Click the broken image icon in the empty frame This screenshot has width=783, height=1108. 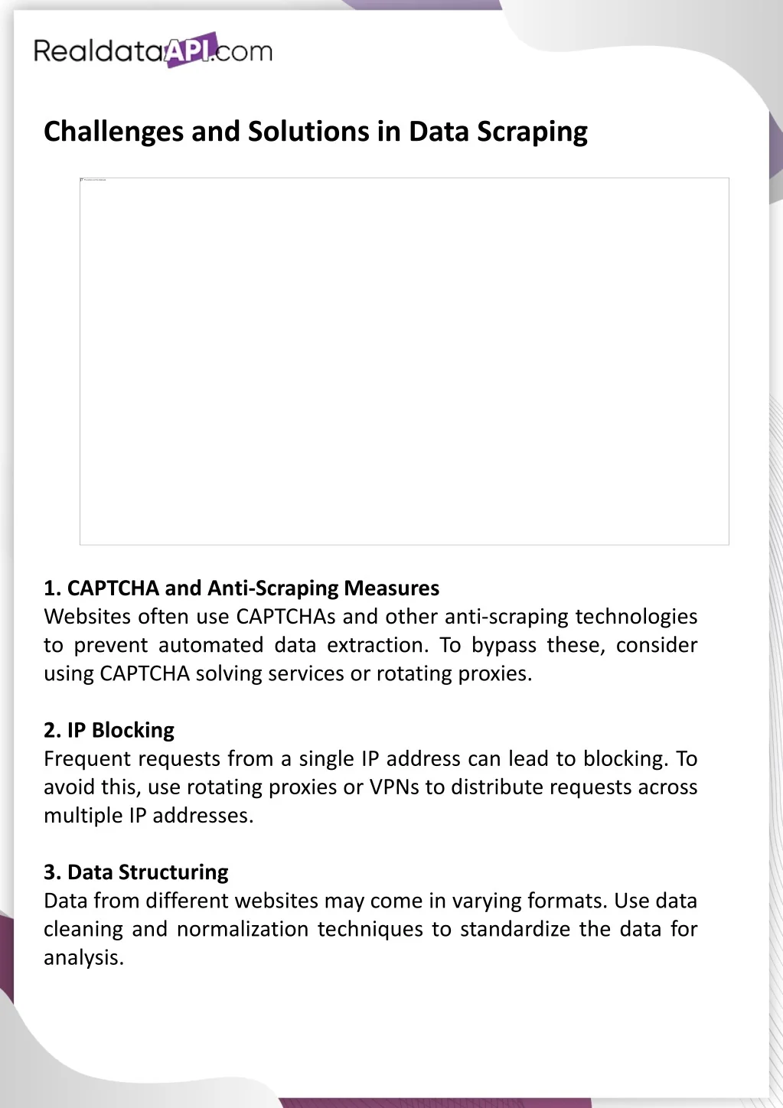pos(82,181)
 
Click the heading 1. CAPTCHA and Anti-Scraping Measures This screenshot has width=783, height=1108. pos(241,588)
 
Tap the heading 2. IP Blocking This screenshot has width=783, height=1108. pos(109,730)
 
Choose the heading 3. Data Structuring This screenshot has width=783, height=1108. pos(135,872)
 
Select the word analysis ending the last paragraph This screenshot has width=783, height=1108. pos(83,958)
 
